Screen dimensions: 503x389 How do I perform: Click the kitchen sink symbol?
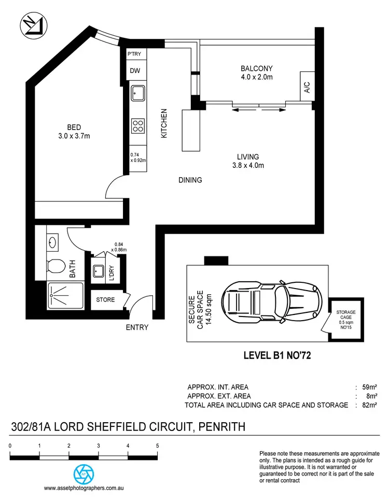click(137, 94)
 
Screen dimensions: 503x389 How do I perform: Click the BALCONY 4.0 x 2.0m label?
click(256, 73)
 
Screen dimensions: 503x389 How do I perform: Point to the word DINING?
click(190, 180)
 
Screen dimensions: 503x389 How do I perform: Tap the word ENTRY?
click(137, 327)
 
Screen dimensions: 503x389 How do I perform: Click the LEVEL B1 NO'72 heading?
click(276, 356)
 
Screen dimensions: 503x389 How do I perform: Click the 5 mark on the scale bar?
click(157, 445)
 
